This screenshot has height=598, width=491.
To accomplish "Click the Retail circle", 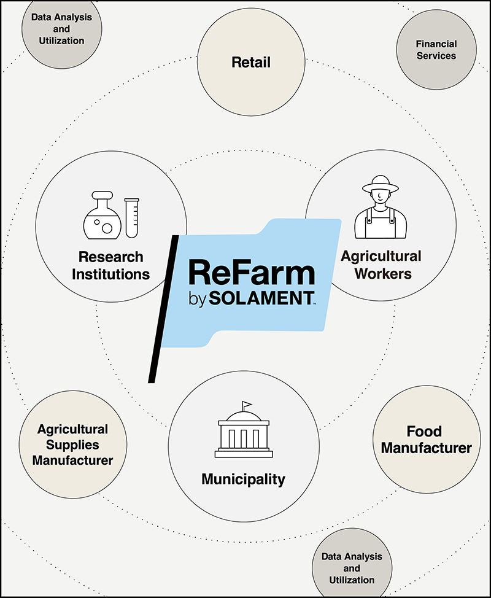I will click(251, 63).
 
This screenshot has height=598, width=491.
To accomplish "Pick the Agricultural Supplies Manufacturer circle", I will click(72, 445).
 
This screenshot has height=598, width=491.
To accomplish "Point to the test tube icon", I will click(131, 217).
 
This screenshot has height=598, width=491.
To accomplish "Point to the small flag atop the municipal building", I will click(246, 405).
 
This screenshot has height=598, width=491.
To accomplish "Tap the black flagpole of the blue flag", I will click(163, 307).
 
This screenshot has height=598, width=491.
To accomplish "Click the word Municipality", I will click(244, 478).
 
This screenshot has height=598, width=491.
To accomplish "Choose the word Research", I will click(110, 257).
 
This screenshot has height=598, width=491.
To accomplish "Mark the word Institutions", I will click(110, 273).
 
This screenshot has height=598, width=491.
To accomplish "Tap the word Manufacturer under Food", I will click(426, 448).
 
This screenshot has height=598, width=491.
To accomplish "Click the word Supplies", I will click(72, 445).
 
